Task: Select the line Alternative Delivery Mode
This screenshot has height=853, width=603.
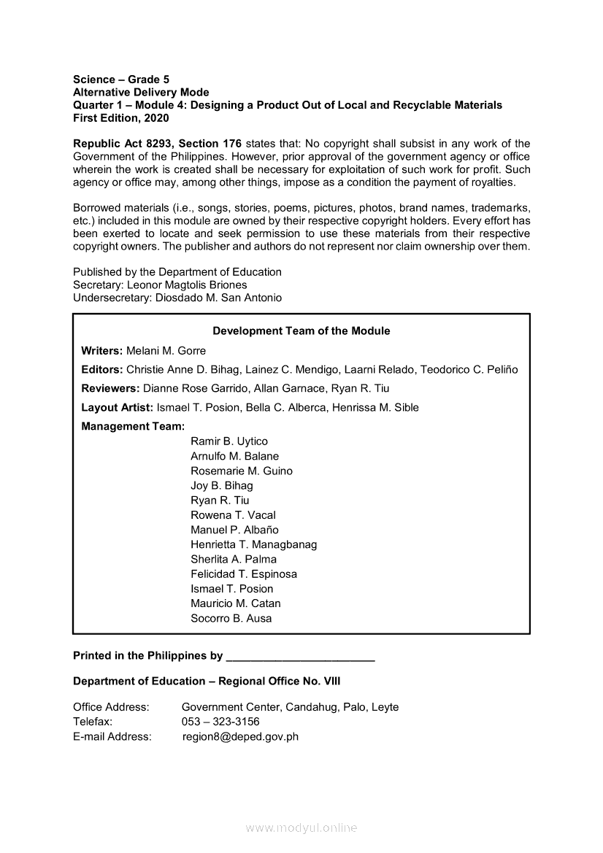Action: tap(141, 92)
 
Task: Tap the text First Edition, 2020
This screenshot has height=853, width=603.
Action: tap(120, 118)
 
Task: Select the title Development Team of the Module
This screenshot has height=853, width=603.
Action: tap(301, 331)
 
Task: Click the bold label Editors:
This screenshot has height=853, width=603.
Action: tap(101, 369)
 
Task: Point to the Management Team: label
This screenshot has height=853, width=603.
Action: tap(133, 426)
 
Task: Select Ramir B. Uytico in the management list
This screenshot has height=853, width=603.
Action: tap(229, 441)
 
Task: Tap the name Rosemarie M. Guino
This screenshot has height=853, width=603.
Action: tap(241, 471)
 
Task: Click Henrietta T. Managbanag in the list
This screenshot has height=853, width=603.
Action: tap(253, 544)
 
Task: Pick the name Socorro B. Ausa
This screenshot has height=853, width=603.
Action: tap(231, 618)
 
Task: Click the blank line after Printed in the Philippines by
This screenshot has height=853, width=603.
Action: tap(301, 656)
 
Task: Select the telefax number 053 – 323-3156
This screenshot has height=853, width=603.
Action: tap(220, 722)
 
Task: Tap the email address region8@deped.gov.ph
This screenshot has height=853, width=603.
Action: tap(240, 736)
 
